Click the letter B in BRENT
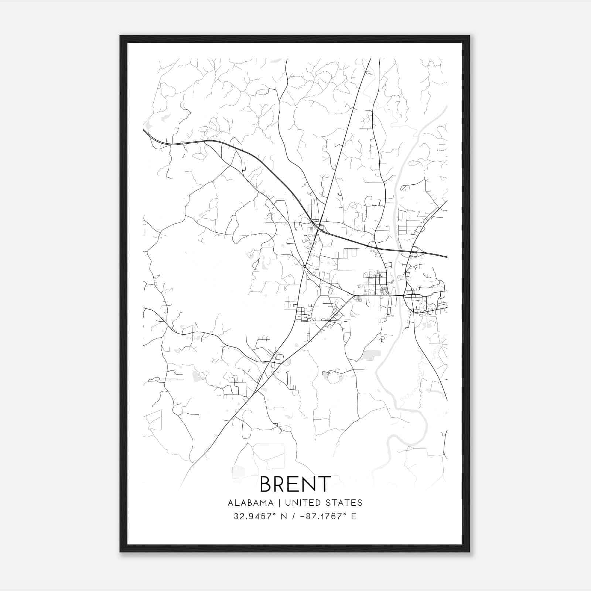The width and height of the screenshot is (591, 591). click(x=267, y=484)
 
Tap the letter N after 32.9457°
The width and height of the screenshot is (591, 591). click(x=284, y=516)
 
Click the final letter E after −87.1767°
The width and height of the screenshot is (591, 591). click(x=354, y=516)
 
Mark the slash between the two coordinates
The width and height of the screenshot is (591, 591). click(x=294, y=516)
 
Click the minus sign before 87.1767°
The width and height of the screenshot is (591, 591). click(x=303, y=516)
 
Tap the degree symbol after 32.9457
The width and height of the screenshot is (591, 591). click(x=276, y=514)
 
